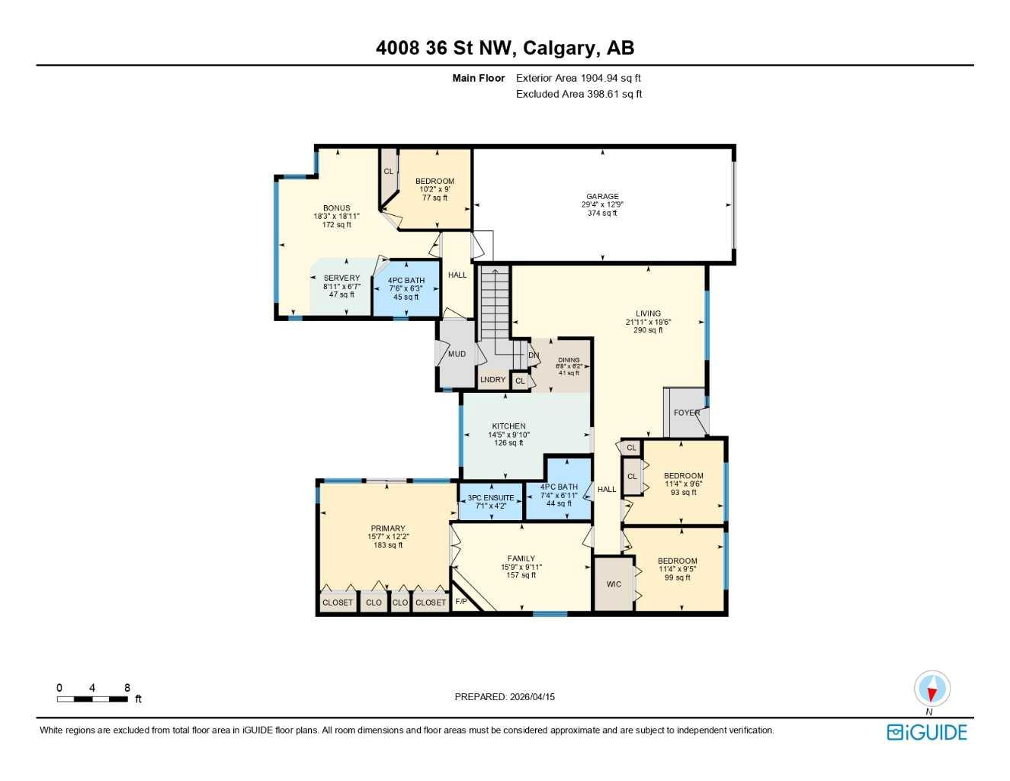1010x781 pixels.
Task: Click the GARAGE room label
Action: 602,196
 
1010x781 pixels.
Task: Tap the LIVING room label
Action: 648,313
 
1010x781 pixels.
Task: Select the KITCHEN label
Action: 508,426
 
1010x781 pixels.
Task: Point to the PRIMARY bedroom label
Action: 388,529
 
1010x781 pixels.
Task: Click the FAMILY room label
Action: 521,558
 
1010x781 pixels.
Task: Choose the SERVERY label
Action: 341,278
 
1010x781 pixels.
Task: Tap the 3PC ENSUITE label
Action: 491,498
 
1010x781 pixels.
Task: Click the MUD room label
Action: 457,354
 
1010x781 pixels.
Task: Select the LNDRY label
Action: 492,380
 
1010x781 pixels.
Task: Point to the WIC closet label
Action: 614,584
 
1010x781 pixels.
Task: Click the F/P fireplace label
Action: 460,603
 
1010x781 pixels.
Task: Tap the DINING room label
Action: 569,360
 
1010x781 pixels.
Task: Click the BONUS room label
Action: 336,208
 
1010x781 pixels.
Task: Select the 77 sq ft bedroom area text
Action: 434,198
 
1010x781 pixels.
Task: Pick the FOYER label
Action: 686,413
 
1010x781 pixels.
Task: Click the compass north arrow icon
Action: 931,689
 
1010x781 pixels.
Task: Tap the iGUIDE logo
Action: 927,732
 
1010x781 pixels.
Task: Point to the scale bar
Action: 93,699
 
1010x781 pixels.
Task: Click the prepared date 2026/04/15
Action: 532,696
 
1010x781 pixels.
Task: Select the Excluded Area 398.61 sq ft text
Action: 579,94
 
